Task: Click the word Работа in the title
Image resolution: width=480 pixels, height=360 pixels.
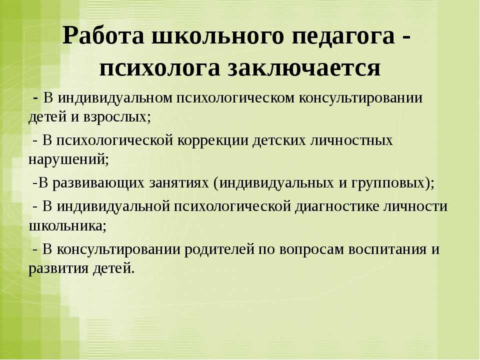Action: pos(103,35)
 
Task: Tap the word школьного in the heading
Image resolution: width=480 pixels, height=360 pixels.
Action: pos(217,36)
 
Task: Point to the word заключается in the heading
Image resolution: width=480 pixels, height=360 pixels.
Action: pos(303,67)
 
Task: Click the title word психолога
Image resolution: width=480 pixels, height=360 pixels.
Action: pos(160,68)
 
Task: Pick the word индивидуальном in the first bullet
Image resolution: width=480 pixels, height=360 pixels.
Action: pos(115,98)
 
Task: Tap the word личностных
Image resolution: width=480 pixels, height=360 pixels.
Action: pos(352,140)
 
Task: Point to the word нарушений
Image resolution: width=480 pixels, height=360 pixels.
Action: pos(68,159)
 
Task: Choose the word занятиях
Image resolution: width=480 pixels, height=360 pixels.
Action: pos(179,183)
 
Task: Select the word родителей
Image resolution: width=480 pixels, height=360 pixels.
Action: pos(219,249)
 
